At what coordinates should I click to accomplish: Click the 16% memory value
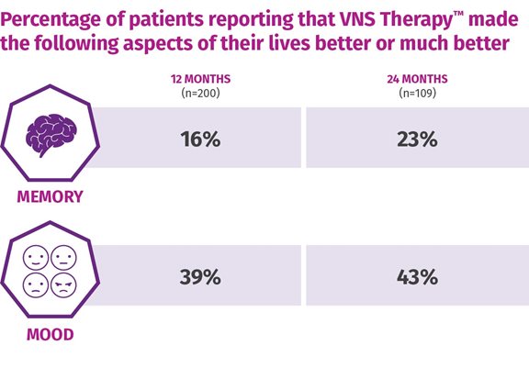point(200,139)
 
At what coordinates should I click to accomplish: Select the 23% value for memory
point(417,139)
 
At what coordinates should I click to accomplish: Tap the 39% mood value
point(200,277)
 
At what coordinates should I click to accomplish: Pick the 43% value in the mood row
point(417,277)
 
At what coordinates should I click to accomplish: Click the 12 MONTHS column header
point(201,79)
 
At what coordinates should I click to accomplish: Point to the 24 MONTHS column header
point(417,79)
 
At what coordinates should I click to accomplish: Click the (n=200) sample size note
point(201,93)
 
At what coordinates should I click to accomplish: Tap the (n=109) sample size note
point(417,93)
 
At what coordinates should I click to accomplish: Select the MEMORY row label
point(50,196)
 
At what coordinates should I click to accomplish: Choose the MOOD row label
point(50,334)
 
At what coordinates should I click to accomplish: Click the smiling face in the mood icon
point(36,258)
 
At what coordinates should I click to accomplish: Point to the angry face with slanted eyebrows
point(63,285)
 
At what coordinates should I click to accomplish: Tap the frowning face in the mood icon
point(36,285)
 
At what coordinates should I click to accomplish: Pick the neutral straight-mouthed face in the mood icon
point(63,258)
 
